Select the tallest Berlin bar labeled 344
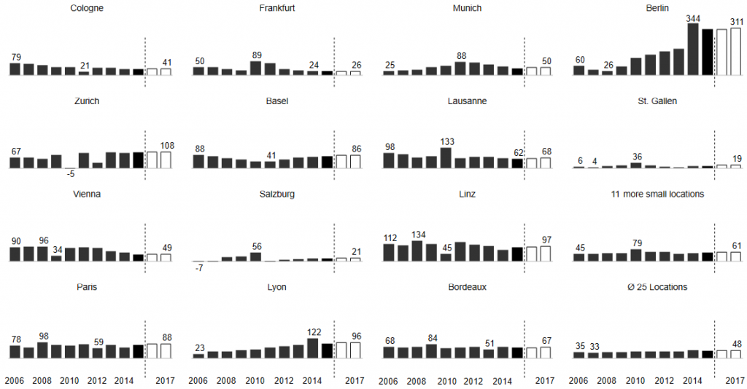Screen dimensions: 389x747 point(693,50)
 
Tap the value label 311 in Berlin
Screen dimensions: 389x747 point(735,22)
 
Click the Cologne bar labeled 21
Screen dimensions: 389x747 point(84,73)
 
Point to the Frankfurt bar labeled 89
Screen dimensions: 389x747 point(255,68)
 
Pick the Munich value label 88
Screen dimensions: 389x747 point(461,55)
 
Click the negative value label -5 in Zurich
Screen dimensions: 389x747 point(70,173)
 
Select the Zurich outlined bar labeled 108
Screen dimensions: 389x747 point(166,160)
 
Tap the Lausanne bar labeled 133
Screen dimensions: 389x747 point(446,158)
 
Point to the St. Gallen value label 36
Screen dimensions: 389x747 point(637,156)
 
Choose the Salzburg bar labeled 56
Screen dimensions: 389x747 point(255,256)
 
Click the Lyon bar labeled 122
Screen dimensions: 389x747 point(313,348)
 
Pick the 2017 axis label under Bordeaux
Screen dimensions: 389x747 point(545,380)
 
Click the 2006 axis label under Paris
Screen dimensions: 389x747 point(15,380)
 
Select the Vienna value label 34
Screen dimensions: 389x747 point(56,250)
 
